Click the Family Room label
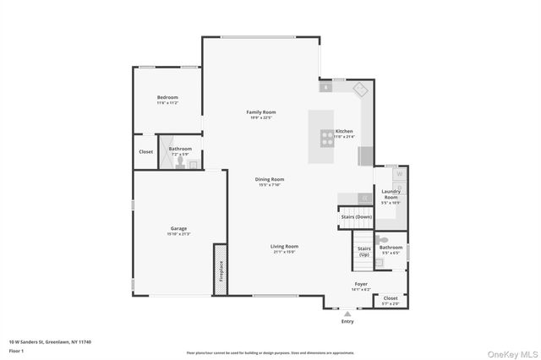tap(261, 112)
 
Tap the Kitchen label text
tap(344, 131)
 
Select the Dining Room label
tap(270, 179)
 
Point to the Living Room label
tap(284, 246)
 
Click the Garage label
tap(178, 228)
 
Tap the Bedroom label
tap(167, 97)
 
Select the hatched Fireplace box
tap(221, 270)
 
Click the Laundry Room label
tap(391, 194)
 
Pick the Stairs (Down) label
tap(356, 217)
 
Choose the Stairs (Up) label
tap(364, 251)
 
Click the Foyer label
tap(361, 284)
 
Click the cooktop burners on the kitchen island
tap(325, 137)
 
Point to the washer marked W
tap(400, 173)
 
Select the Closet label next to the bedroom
tap(146, 152)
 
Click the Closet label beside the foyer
tap(391, 297)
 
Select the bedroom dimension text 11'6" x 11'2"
tap(167, 102)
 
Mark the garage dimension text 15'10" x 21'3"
tap(178, 233)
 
